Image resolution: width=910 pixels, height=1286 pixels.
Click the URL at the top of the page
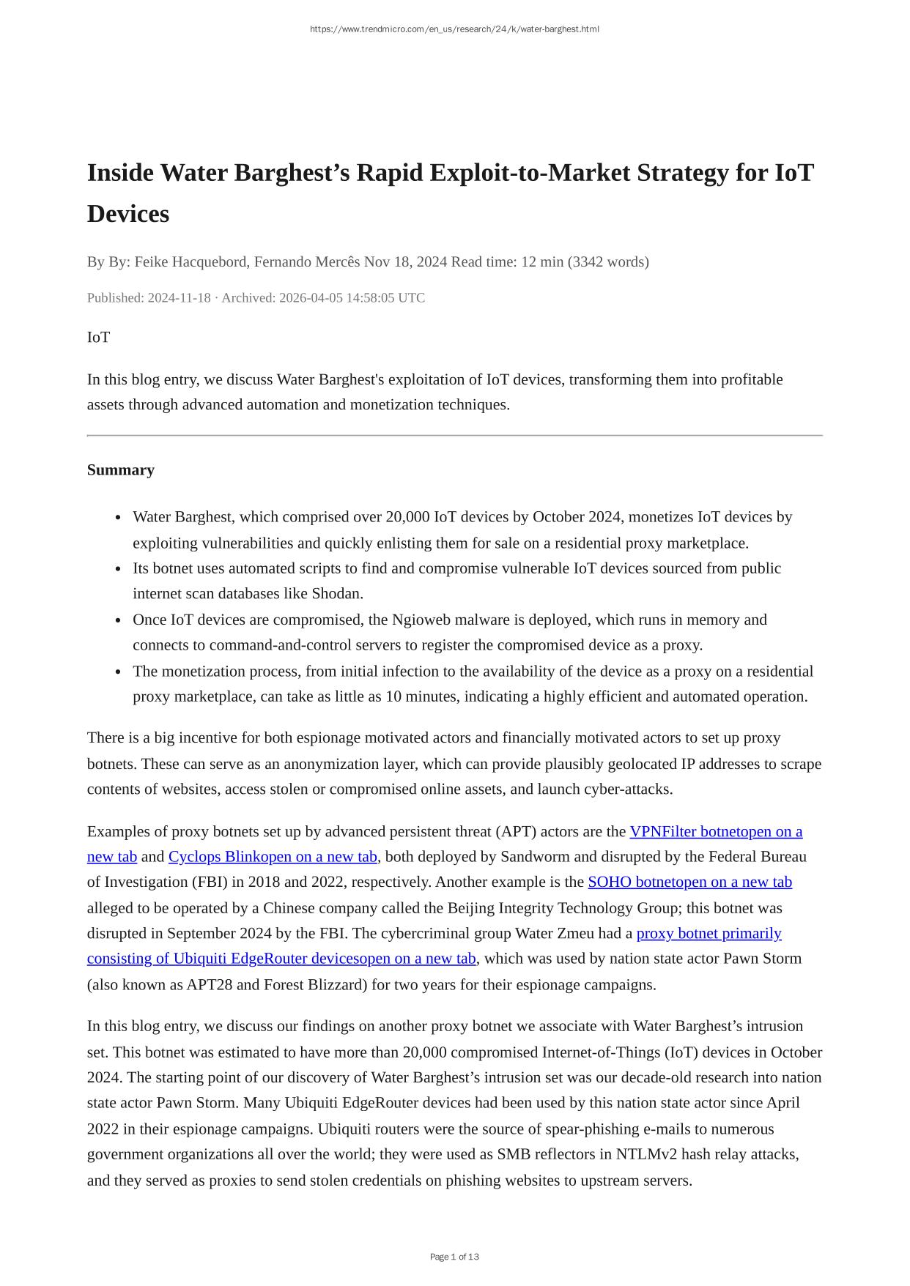[454, 29]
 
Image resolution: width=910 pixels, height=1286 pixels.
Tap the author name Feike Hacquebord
[190, 261]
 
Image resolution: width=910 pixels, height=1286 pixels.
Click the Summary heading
[121, 469]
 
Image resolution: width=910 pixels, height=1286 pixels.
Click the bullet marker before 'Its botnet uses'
[118, 569]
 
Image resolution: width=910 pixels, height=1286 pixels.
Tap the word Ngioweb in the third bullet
[421, 620]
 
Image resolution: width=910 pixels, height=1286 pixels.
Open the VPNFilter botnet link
[715, 831]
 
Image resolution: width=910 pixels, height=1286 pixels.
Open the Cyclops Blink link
[273, 856]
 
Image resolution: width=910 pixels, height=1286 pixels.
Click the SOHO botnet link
[689, 882]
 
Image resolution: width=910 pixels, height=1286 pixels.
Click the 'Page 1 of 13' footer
[454, 1257]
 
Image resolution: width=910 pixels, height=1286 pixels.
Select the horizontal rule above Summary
[454, 436]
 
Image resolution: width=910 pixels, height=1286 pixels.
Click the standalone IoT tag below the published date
[99, 337]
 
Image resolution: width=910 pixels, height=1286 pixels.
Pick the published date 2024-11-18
[179, 297]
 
